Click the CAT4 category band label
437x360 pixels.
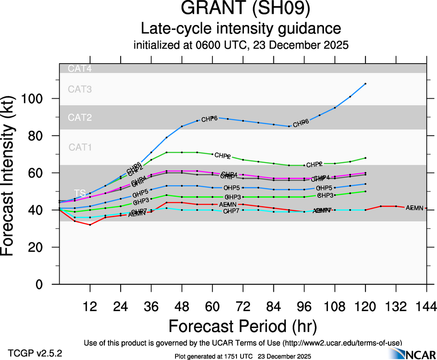pyautogui.click(x=80, y=69)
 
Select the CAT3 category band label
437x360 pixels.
pyautogui.click(x=80, y=89)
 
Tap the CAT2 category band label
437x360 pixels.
pyautogui.click(x=80, y=118)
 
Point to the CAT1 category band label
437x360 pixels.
pyautogui.click(x=80, y=148)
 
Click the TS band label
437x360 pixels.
pyautogui.click(x=79, y=192)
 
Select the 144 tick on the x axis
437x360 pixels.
pyautogui.click(x=426, y=306)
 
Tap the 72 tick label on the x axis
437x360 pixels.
pyautogui.click(x=243, y=306)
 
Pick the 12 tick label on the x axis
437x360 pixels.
pyautogui.click(x=90, y=306)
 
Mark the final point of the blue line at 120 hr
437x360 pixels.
pyautogui.click(x=365, y=84)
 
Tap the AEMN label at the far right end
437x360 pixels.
pyautogui.click(x=414, y=208)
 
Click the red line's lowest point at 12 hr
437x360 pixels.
pyautogui.click(x=90, y=225)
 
